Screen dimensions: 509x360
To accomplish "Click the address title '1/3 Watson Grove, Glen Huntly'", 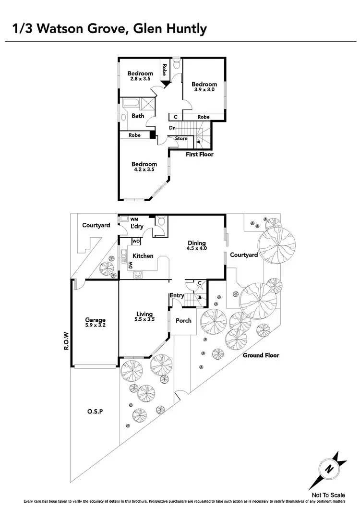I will point(109,28).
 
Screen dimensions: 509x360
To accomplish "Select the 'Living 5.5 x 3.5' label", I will point(144,317).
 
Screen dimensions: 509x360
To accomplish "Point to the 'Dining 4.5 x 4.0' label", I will point(197,246).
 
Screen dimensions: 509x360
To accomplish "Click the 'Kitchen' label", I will point(143,256).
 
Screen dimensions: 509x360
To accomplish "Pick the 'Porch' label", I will point(183,321).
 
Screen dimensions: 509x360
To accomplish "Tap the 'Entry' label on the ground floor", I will point(176,296).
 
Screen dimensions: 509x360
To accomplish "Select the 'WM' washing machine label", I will point(127,219).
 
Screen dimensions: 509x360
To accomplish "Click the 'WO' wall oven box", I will point(136,241).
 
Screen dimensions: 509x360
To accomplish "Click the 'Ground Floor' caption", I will point(261,355).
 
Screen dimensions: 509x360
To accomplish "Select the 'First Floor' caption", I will point(200,155).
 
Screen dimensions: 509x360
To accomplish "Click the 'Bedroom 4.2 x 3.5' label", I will point(144,167).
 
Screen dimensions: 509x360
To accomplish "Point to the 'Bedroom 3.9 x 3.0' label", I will point(204,87).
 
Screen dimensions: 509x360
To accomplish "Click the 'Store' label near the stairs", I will point(181,139).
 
